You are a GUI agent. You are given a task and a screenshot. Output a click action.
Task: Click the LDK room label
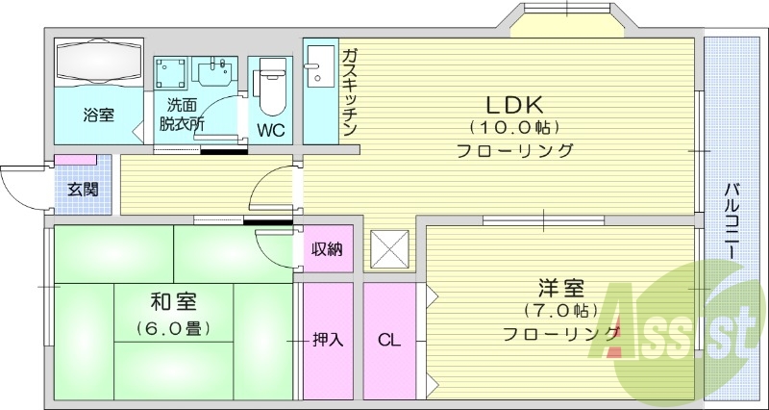[514, 102]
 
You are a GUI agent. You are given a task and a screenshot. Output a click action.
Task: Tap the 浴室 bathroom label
[98, 115]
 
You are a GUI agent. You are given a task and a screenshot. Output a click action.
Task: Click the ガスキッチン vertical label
[349, 92]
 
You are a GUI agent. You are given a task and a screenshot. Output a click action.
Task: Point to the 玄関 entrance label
[82, 189]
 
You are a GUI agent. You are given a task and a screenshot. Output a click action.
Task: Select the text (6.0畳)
[173, 328]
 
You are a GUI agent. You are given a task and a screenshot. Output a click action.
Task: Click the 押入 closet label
[328, 339]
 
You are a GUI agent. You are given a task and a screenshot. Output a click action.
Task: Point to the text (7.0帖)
[560, 311]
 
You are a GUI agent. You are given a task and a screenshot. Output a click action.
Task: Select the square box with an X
[389, 250]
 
